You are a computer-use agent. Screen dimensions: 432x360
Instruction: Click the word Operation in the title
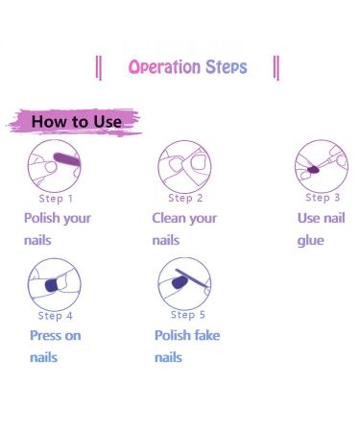(x=164, y=67)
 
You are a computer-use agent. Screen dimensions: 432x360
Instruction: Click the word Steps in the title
(x=226, y=67)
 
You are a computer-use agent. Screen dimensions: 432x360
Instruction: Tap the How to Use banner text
(x=76, y=122)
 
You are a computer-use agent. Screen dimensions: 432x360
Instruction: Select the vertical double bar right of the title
(x=276, y=67)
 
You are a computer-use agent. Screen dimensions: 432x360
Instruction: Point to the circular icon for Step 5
(x=184, y=282)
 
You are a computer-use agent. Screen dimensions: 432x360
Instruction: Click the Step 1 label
(x=56, y=199)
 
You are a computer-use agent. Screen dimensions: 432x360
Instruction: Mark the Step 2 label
(x=185, y=199)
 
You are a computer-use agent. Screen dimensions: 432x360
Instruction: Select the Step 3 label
(x=323, y=198)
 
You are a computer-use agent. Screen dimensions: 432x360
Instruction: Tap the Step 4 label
(x=56, y=316)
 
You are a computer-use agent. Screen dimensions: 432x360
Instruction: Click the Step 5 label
(x=188, y=315)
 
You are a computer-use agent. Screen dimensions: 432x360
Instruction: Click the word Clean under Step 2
(x=168, y=218)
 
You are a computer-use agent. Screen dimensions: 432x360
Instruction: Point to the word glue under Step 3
(x=310, y=240)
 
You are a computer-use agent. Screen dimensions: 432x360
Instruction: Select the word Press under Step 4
(x=45, y=335)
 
